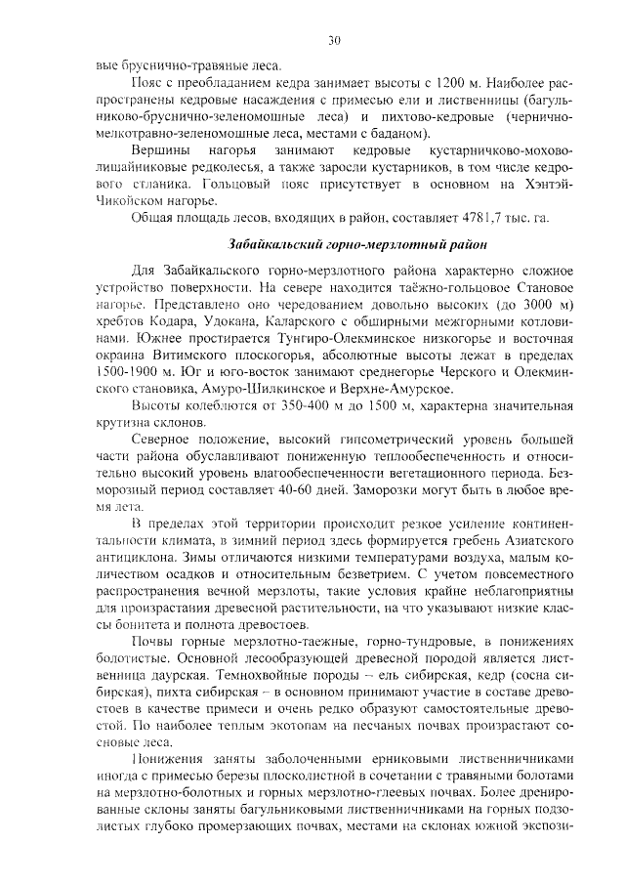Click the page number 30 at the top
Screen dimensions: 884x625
coord(333,40)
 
